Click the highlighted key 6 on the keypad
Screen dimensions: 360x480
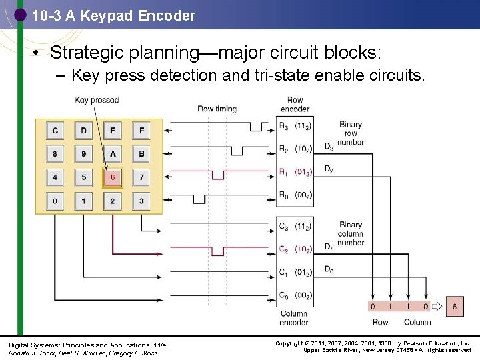coord(112,177)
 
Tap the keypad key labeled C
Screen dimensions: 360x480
coord(55,130)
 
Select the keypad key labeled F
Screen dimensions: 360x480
coord(141,130)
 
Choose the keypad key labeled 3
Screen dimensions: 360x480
coord(141,201)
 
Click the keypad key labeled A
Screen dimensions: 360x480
coord(112,154)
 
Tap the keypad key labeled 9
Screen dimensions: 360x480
coord(83,154)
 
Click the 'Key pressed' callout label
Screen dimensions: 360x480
coord(97,100)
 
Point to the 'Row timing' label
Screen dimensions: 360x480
coord(217,109)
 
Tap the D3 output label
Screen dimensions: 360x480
coord(329,147)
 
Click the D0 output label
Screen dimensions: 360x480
coord(329,269)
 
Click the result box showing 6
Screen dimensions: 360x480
coord(454,307)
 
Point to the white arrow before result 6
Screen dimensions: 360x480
coord(437,307)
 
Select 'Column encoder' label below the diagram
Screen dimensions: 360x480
coord(294,317)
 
